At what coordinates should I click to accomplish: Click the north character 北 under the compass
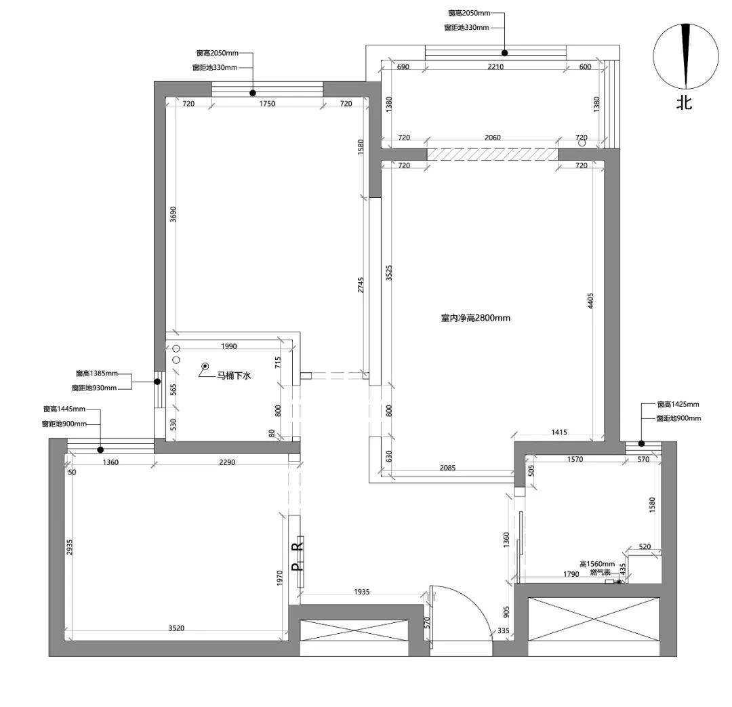[685, 102]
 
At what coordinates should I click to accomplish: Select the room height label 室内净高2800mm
[476, 318]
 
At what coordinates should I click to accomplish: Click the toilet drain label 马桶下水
[234, 376]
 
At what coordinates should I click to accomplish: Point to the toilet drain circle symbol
[205, 366]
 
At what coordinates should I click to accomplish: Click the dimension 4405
[590, 301]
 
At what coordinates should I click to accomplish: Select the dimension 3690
[173, 214]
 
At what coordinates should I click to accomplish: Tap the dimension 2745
[361, 285]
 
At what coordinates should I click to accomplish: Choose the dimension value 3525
[389, 272]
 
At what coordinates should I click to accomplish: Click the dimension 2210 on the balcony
[495, 67]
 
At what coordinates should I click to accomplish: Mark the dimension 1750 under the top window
[267, 104]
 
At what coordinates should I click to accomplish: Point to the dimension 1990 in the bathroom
[229, 346]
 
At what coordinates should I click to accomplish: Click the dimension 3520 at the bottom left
[176, 628]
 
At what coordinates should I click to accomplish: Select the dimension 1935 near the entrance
[361, 592]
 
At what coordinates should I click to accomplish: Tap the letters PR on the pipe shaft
[297, 555]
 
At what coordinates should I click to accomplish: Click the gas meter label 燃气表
[600, 572]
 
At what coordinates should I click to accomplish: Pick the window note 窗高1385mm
[97, 373]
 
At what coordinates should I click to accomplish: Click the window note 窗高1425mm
[678, 405]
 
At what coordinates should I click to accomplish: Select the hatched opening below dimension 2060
[493, 154]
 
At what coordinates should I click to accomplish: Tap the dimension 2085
[447, 468]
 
